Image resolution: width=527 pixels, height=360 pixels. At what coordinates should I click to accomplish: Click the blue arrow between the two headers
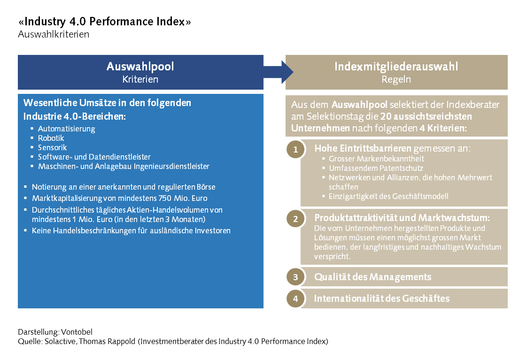pos(279,72)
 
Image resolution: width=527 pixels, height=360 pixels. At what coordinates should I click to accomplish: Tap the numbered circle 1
pos(295,150)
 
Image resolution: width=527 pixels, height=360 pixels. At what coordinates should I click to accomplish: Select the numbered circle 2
pos(295,219)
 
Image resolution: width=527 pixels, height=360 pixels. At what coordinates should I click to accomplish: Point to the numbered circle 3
pos(295,277)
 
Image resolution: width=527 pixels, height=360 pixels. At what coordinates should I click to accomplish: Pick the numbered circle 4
pos(295,299)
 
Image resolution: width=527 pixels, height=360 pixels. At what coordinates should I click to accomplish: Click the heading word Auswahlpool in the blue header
pos(140,67)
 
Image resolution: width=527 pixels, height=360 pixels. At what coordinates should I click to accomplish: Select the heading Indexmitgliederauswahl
pos(396,67)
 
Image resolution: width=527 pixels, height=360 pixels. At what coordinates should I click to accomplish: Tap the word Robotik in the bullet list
pos(51,138)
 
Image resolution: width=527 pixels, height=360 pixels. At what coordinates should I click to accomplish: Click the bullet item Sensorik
pos(52,147)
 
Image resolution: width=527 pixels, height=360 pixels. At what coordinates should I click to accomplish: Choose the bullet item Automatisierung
pos(66,129)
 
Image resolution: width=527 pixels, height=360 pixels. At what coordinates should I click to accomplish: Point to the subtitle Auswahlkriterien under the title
pos(54,34)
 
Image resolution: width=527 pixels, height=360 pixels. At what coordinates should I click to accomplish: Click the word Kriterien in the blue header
pos(140,79)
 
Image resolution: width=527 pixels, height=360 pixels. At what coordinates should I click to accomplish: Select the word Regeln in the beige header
pos(396,79)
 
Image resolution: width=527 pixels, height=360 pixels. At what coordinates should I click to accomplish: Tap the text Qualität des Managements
pos(372,277)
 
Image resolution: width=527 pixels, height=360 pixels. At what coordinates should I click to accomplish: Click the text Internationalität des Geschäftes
pos(382,299)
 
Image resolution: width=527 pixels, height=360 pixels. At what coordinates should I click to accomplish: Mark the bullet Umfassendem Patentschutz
pos(376,168)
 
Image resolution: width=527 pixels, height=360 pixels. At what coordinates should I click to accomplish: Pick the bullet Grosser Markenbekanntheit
pos(377,159)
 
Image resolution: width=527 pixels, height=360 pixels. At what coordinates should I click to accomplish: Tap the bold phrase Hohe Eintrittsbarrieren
pos(363,149)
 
